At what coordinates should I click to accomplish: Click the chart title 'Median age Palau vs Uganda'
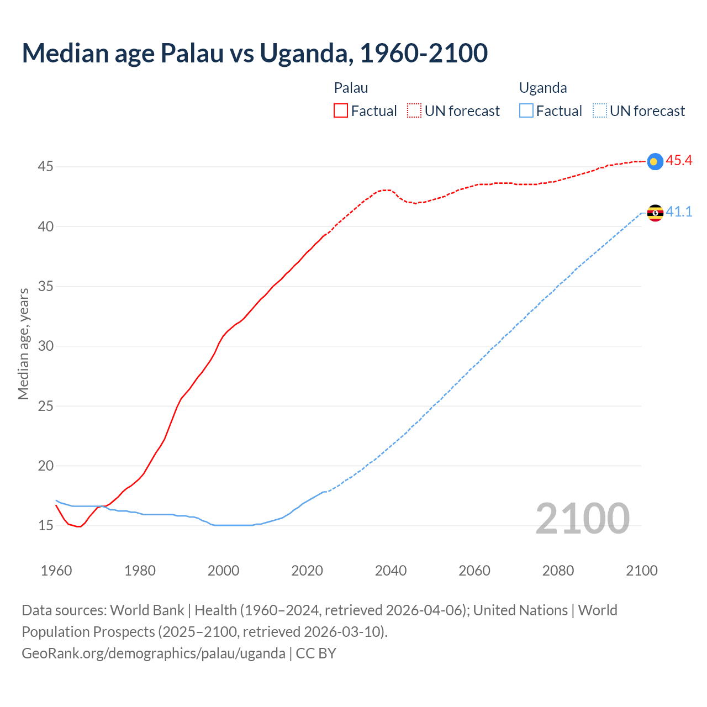255,53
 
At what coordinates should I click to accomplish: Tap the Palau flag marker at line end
655,161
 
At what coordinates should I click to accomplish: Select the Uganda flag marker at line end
655,213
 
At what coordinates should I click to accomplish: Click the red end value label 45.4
679,161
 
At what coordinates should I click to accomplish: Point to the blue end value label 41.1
679,212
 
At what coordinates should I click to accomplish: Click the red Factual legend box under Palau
341,111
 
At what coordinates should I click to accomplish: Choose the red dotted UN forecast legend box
414,111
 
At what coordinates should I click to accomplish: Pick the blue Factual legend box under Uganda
526,111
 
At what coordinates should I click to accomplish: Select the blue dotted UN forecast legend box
600,111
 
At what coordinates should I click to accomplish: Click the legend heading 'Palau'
351,88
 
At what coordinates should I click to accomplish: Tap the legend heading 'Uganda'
543,88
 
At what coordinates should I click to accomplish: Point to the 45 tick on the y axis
45,167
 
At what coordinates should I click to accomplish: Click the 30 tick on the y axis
45,346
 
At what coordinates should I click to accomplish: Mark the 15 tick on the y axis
45,525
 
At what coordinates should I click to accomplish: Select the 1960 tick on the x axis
56,571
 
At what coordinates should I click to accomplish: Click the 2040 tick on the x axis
391,571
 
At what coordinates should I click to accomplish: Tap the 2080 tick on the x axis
558,571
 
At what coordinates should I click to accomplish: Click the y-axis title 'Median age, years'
23,344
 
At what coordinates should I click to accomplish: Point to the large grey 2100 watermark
582,518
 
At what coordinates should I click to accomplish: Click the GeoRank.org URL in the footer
154,653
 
